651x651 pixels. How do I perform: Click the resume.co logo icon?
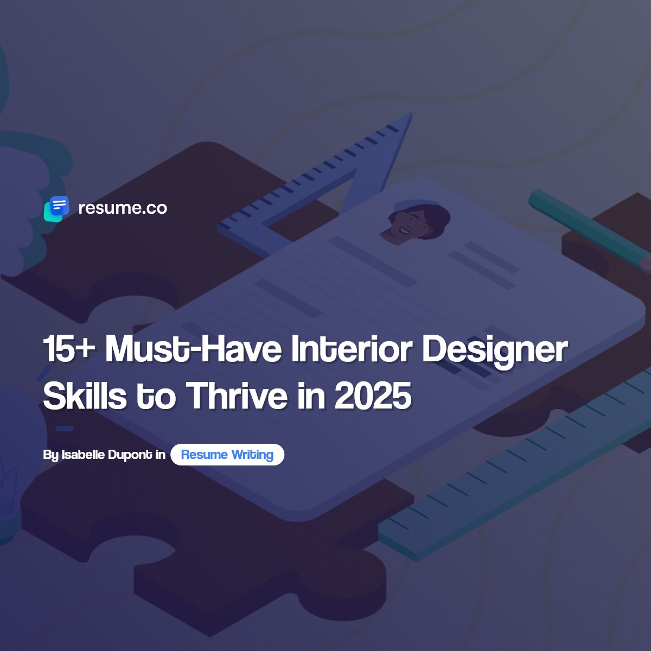[x=56, y=208]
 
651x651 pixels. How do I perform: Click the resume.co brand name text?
[x=123, y=208]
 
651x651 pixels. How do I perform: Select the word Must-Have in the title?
[x=193, y=349]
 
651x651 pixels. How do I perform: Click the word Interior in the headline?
[x=351, y=349]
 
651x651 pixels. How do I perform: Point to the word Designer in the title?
[x=495, y=350]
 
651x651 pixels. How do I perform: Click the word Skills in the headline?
[x=85, y=395]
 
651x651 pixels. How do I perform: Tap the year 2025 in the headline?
[x=373, y=395]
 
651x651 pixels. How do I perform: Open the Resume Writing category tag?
[x=227, y=455]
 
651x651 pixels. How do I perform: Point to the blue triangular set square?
[x=374, y=163]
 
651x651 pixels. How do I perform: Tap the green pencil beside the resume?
[x=586, y=228]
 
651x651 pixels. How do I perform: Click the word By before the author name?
[x=50, y=455]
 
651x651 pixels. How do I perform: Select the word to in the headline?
[x=156, y=395]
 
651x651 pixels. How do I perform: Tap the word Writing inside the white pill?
[x=252, y=455]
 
